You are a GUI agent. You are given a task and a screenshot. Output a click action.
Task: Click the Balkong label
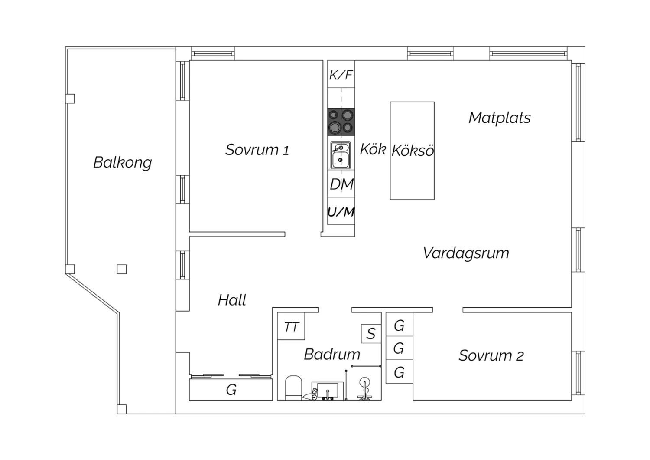(123, 162)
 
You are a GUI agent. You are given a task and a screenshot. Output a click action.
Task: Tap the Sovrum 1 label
(257, 150)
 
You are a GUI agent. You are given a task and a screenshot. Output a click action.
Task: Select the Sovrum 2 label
(491, 356)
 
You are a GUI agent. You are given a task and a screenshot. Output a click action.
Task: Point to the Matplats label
(500, 118)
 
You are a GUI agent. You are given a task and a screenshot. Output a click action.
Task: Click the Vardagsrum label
(466, 253)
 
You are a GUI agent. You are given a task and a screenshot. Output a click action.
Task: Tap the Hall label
(232, 300)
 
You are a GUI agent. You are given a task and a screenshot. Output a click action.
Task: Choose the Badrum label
(332, 355)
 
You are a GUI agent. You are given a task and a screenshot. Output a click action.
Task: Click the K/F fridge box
(341, 74)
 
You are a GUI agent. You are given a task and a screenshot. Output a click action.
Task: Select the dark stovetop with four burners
(341, 122)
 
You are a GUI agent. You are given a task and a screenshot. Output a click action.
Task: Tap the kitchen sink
(341, 155)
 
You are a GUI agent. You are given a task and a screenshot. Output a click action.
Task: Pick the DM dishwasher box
(341, 184)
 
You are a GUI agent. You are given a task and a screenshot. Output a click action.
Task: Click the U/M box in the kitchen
(341, 211)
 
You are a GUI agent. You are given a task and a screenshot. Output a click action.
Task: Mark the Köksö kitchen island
(412, 151)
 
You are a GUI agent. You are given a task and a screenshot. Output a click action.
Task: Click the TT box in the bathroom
(291, 326)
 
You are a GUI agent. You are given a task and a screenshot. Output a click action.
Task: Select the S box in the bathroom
(371, 334)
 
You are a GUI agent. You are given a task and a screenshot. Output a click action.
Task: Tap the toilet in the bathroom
(293, 388)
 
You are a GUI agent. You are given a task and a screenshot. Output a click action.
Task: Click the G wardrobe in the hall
(231, 389)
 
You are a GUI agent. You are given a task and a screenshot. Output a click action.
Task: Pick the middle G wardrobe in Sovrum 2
(399, 348)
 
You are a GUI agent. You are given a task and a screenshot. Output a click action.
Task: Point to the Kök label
(373, 149)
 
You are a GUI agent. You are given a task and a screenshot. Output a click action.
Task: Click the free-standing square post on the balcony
(122, 269)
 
